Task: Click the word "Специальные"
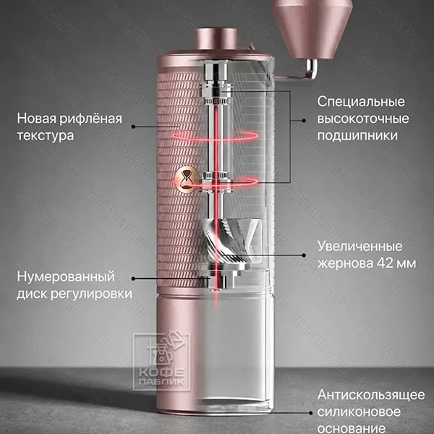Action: [x=361, y=102]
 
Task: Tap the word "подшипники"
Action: [x=357, y=136]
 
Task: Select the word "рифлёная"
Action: [x=90, y=119]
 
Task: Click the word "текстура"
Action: [x=46, y=136]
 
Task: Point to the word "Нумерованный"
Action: [x=66, y=276]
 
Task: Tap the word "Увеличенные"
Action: [x=359, y=247]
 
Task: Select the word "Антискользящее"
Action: [x=371, y=395]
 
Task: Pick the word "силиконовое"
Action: [x=359, y=412]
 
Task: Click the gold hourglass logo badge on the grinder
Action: [x=185, y=179]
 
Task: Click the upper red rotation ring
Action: [x=215, y=136]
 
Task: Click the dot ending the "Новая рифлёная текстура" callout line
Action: [x=133, y=127]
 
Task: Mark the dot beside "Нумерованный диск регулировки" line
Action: [x=133, y=278]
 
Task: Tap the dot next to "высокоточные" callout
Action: [x=305, y=121]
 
